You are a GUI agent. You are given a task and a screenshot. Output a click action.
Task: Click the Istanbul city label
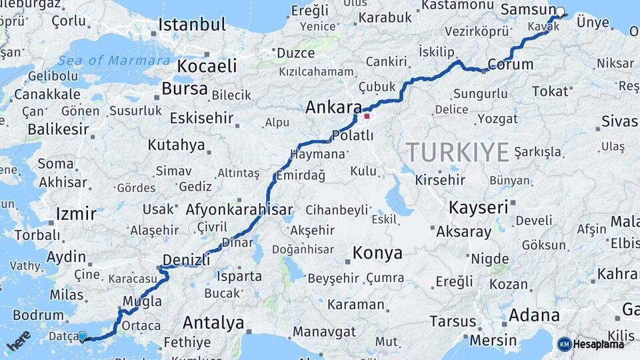coord(192,25)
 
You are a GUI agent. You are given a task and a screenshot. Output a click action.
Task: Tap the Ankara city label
coord(333,107)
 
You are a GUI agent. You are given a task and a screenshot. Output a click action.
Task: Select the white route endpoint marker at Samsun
coord(560,11)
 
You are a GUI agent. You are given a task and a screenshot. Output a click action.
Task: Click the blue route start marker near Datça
coord(83,337)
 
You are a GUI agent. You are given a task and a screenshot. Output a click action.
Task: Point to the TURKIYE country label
coord(458,152)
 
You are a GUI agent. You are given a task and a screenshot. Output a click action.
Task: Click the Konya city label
coord(377,253)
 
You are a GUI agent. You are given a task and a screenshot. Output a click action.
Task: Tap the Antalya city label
coord(213,323)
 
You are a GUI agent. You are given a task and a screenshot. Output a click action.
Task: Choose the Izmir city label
coord(76,214)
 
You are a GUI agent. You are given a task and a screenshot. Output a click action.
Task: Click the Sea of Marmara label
coord(113,61)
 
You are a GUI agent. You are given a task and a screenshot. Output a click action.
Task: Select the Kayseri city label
coord(478,207)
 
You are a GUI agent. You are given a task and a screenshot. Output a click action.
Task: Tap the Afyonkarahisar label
coord(239,209)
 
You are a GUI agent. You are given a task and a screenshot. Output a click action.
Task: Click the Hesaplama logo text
coord(598,344)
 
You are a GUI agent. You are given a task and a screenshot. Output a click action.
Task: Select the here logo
coord(19,341)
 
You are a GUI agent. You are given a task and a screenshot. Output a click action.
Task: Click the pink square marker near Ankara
coord(366,116)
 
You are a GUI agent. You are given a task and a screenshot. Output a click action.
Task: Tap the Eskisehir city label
coord(201,119)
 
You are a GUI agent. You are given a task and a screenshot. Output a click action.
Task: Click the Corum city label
coord(510,65)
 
